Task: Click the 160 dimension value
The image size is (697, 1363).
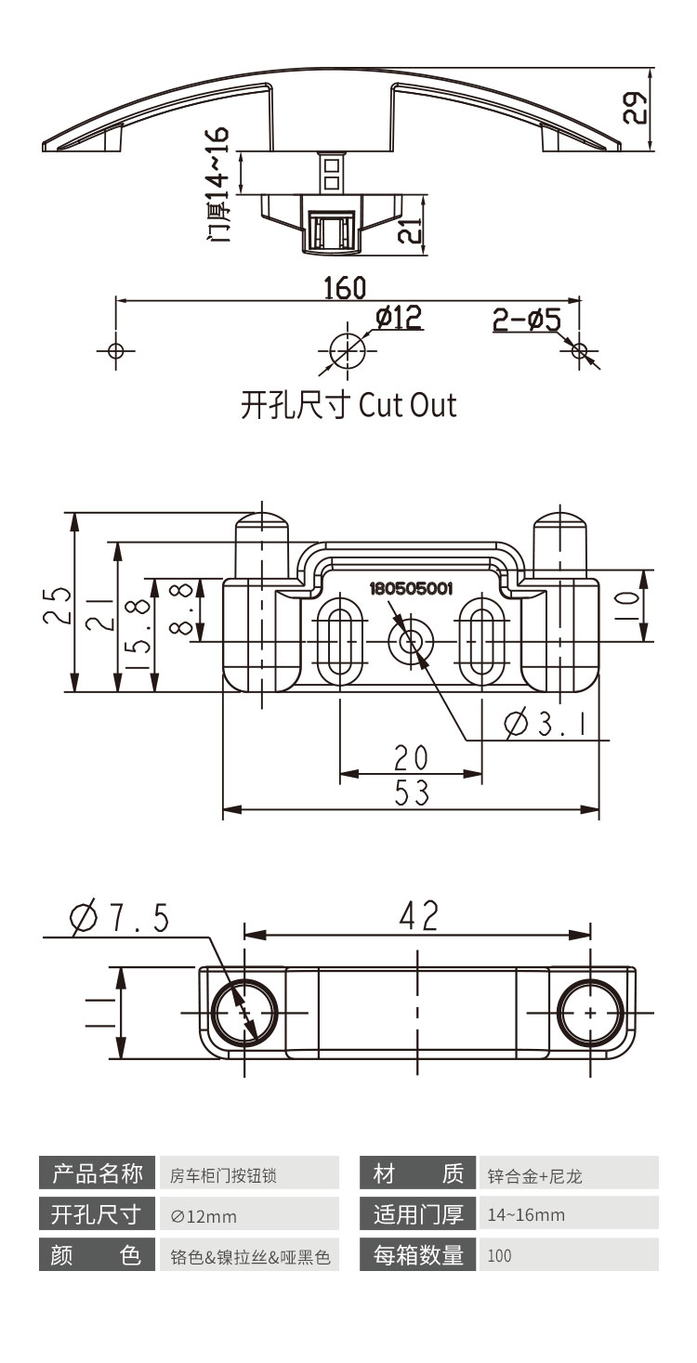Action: tap(345, 288)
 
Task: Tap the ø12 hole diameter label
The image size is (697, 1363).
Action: tap(399, 319)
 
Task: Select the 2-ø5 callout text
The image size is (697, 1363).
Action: tap(526, 321)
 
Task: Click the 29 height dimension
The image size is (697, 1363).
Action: tap(634, 109)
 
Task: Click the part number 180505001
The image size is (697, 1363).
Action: tap(411, 588)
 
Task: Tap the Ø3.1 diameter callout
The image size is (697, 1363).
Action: tap(547, 722)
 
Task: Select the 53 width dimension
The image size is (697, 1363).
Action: tap(411, 793)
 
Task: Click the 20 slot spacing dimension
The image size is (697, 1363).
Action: tap(411, 758)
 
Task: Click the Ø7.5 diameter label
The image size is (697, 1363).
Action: tap(120, 919)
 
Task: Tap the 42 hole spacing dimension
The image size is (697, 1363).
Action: tap(417, 916)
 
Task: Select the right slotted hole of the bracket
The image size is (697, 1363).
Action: tap(481, 641)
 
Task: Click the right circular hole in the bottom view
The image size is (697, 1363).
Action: tap(590, 1012)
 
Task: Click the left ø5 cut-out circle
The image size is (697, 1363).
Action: tap(115, 351)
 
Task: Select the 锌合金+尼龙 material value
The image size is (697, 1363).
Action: tap(534, 1176)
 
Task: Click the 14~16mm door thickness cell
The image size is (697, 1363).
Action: tap(525, 1215)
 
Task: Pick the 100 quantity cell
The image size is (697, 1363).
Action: tap(499, 1256)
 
